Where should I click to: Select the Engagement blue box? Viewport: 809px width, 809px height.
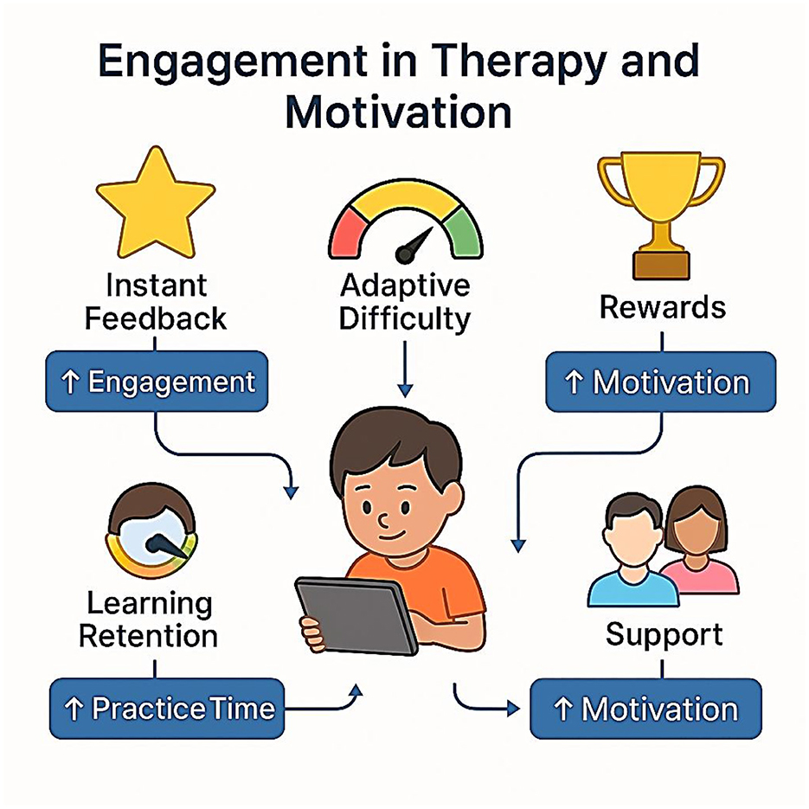pyautogui.click(x=157, y=382)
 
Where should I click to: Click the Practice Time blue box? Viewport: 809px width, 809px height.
pyautogui.click(x=167, y=709)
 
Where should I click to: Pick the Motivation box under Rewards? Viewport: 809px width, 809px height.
pyautogui.click(x=661, y=382)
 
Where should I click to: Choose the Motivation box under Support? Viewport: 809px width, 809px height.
pyautogui.click(x=646, y=709)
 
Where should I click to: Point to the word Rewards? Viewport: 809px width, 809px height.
pyautogui.click(x=663, y=307)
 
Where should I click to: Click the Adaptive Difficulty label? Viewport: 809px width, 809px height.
pyautogui.click(x=405, y=302)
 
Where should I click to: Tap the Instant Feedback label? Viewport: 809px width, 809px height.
pyautogui.click(x=155, y=302)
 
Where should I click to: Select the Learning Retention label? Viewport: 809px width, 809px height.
pyautogui.click(x=149, y=620)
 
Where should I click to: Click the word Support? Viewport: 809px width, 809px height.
pyautogui.click(x=664, y=634)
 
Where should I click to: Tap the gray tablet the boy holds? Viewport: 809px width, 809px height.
pyautogui.click(x=356, y=616)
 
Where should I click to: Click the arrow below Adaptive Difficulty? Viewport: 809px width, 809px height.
pyautogui.click(x=406, y=369)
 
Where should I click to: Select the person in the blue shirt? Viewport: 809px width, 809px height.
pyautogui.click(x=632, y=551)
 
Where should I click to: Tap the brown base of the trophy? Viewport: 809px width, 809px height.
pyautogui.click(x=661, y=265)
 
